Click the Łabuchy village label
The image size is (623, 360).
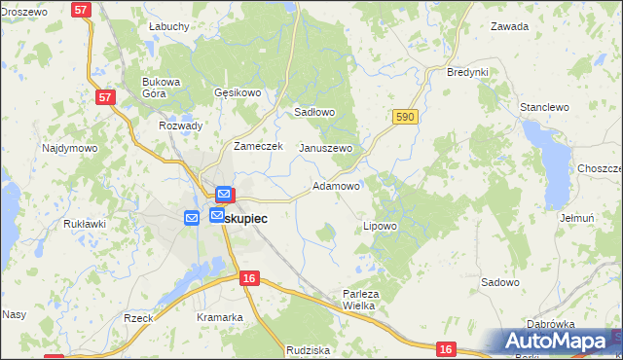pos(168,27)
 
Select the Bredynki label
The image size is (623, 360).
pos(466,73)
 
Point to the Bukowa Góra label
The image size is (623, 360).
pos(162,89)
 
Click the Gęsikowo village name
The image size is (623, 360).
pos(238,93)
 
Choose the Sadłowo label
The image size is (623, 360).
pos(314,112)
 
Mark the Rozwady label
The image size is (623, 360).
pos(180,126)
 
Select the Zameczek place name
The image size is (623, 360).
pos(258,146)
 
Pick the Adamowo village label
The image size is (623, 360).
pos(337,185)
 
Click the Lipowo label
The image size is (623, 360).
pos(380,226)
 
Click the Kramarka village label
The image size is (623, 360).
pos(219,317)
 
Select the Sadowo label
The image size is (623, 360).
pos(500,282)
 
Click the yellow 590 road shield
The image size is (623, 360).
pos(406,117)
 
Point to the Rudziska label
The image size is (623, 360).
pos(309,349)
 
